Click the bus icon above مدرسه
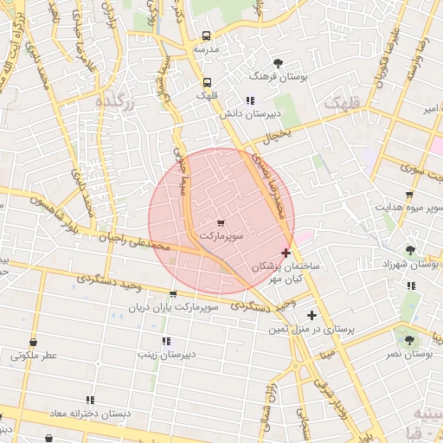point(206,36)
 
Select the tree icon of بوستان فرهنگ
point(278,63)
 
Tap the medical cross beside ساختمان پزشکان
point(286,253)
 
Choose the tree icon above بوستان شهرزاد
point(410,250)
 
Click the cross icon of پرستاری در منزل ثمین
point(311,315)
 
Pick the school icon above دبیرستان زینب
point(166,341)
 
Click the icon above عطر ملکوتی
point(33,342)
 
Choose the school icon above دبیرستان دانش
point(251,100)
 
